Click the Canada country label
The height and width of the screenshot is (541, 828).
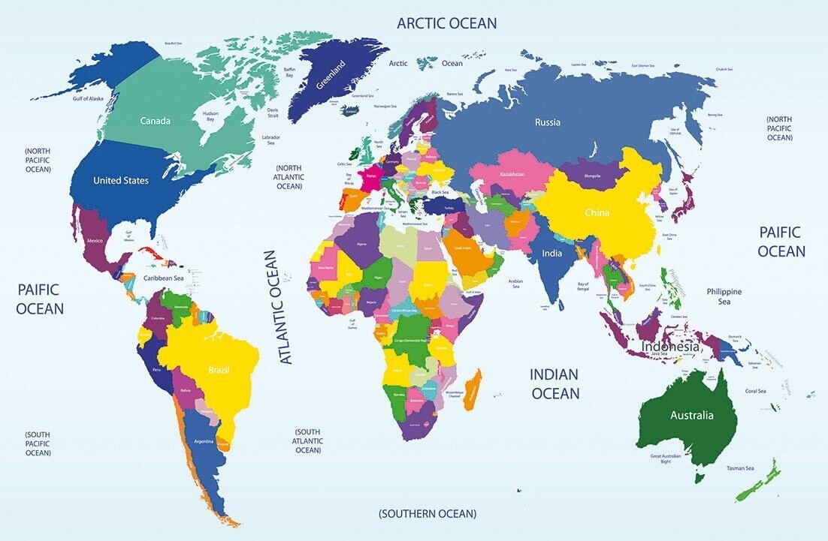(155, 121)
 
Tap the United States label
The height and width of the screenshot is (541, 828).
(120, 180)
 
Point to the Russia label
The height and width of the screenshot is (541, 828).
(547, 122)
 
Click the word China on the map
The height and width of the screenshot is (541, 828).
(597, 212)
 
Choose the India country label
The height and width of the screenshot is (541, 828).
(552, 254)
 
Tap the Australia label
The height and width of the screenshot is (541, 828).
(692, 415)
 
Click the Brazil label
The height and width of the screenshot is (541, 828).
(219, 370)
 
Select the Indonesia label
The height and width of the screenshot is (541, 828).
(670, 347)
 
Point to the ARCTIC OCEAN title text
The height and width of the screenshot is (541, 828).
(446, 23)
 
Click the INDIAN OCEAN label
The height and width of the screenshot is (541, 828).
(555, 383)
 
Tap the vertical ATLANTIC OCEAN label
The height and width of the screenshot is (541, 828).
(276, 307)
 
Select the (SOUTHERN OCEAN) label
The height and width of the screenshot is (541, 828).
(428, 514)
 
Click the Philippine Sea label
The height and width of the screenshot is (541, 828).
(724, 296)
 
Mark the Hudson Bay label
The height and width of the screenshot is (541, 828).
(210, 117)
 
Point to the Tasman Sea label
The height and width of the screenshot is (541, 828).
(739, 468)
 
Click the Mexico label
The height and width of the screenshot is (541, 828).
(95, 241)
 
